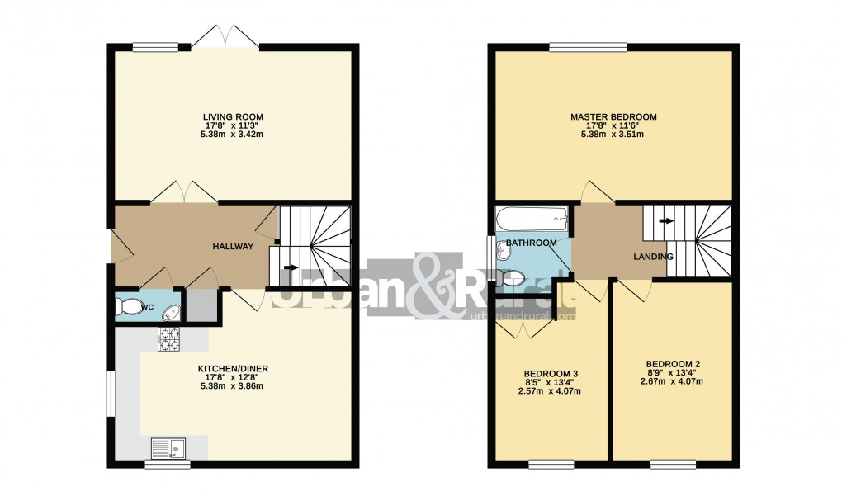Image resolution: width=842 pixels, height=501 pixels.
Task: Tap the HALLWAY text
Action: pos(233,247)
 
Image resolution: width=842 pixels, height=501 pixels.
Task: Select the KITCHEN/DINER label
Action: pos(233,368)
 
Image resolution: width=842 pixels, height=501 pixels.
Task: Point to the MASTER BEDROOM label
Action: pos(613,116)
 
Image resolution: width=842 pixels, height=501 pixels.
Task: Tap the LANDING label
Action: pos(653,257)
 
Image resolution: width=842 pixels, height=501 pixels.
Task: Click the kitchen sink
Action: pos(168,448)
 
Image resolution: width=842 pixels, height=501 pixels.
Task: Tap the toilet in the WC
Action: pos(130,307)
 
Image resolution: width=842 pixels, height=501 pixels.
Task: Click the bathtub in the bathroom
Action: pos(532,220)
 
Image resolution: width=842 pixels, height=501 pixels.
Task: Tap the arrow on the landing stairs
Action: pos(665,220)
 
